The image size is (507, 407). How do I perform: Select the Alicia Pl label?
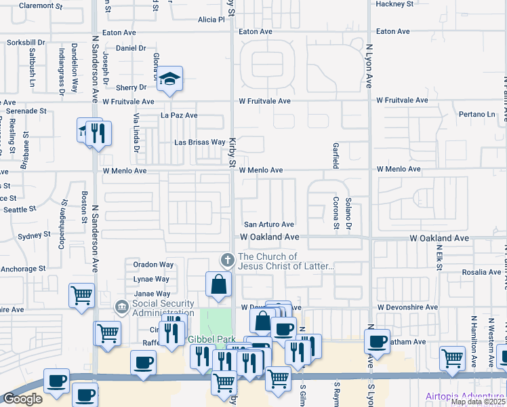(211, 20)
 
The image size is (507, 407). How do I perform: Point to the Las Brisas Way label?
(199, 142)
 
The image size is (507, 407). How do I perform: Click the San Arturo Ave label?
(268, 225)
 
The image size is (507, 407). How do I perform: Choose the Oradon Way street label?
(153, 265)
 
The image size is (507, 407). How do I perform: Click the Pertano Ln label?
(476, 114)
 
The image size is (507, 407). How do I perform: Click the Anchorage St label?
(23, 269)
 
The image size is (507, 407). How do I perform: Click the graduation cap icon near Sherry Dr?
(171, 77)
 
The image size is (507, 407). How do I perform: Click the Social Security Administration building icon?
(121, 307)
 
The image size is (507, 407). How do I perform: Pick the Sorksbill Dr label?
(26, 42)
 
